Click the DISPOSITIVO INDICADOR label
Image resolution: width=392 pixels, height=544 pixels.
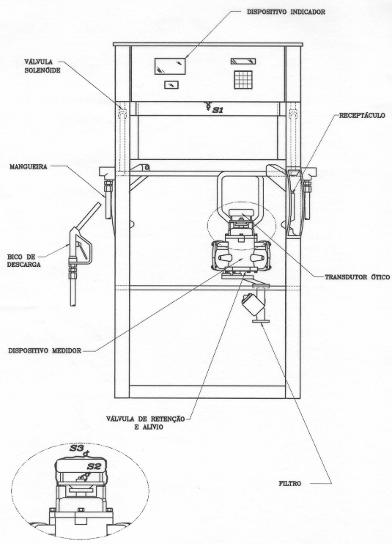[286, 12]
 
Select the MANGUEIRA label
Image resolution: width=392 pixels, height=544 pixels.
[29, 167]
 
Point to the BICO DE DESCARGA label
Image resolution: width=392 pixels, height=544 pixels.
[24, 260]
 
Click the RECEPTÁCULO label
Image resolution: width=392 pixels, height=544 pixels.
[362, 116]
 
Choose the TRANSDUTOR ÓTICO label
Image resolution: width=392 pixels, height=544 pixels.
[358, 277]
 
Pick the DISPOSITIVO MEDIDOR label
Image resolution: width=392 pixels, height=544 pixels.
[45, 350]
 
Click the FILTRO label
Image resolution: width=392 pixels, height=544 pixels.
[290, 483]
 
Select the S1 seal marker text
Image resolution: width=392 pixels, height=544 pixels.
[218, 110]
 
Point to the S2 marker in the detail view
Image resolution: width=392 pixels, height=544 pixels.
[94, 466]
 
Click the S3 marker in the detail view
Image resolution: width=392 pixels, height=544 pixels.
[77, 448]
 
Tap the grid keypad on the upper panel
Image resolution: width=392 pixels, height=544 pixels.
[243, 79]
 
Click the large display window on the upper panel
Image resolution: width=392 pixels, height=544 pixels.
[170, 66]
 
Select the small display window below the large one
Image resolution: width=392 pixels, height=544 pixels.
[171, 84]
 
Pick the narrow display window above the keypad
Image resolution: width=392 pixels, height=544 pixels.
[243, 62]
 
